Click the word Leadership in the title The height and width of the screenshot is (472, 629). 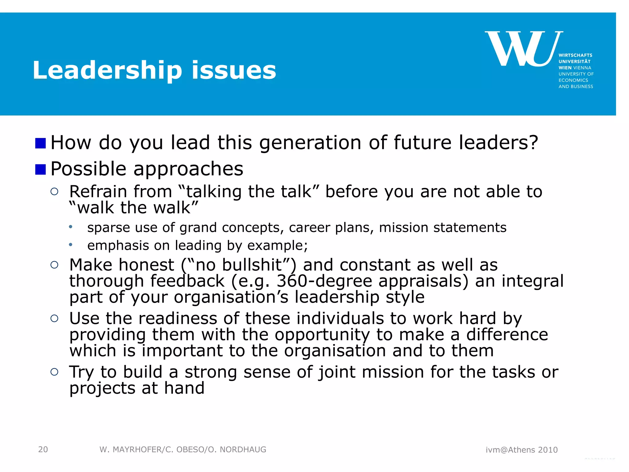pyautogui.click(x=107, y=71)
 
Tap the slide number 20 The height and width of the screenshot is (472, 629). pyautogui.click(x=43, y=450)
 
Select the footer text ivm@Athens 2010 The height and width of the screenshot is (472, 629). pyautogui.click(x=522, y=450)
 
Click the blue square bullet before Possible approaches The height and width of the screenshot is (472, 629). pyautogui.click(x=41, y=169)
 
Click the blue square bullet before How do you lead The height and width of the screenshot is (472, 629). pyautogui.click(x=41, y=143)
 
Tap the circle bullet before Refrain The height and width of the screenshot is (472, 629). pyautogui.click(x=54, y=192)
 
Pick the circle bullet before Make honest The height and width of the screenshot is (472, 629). pyautogui.click(x=54, y=265)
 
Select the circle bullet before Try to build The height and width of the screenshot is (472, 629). pyautogui.click(x=54, y=372)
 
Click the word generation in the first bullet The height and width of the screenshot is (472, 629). pyautogui.click(x=310, y=143)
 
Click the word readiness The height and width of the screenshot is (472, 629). pyautogui.click(x=178, y=318)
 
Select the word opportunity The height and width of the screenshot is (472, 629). pyautogui.click(x=322, y=335)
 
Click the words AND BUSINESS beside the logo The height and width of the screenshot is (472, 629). pyautogui.click(x=576, y=87)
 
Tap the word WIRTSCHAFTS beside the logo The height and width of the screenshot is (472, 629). pyautogui.click(x=575, y=55)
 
